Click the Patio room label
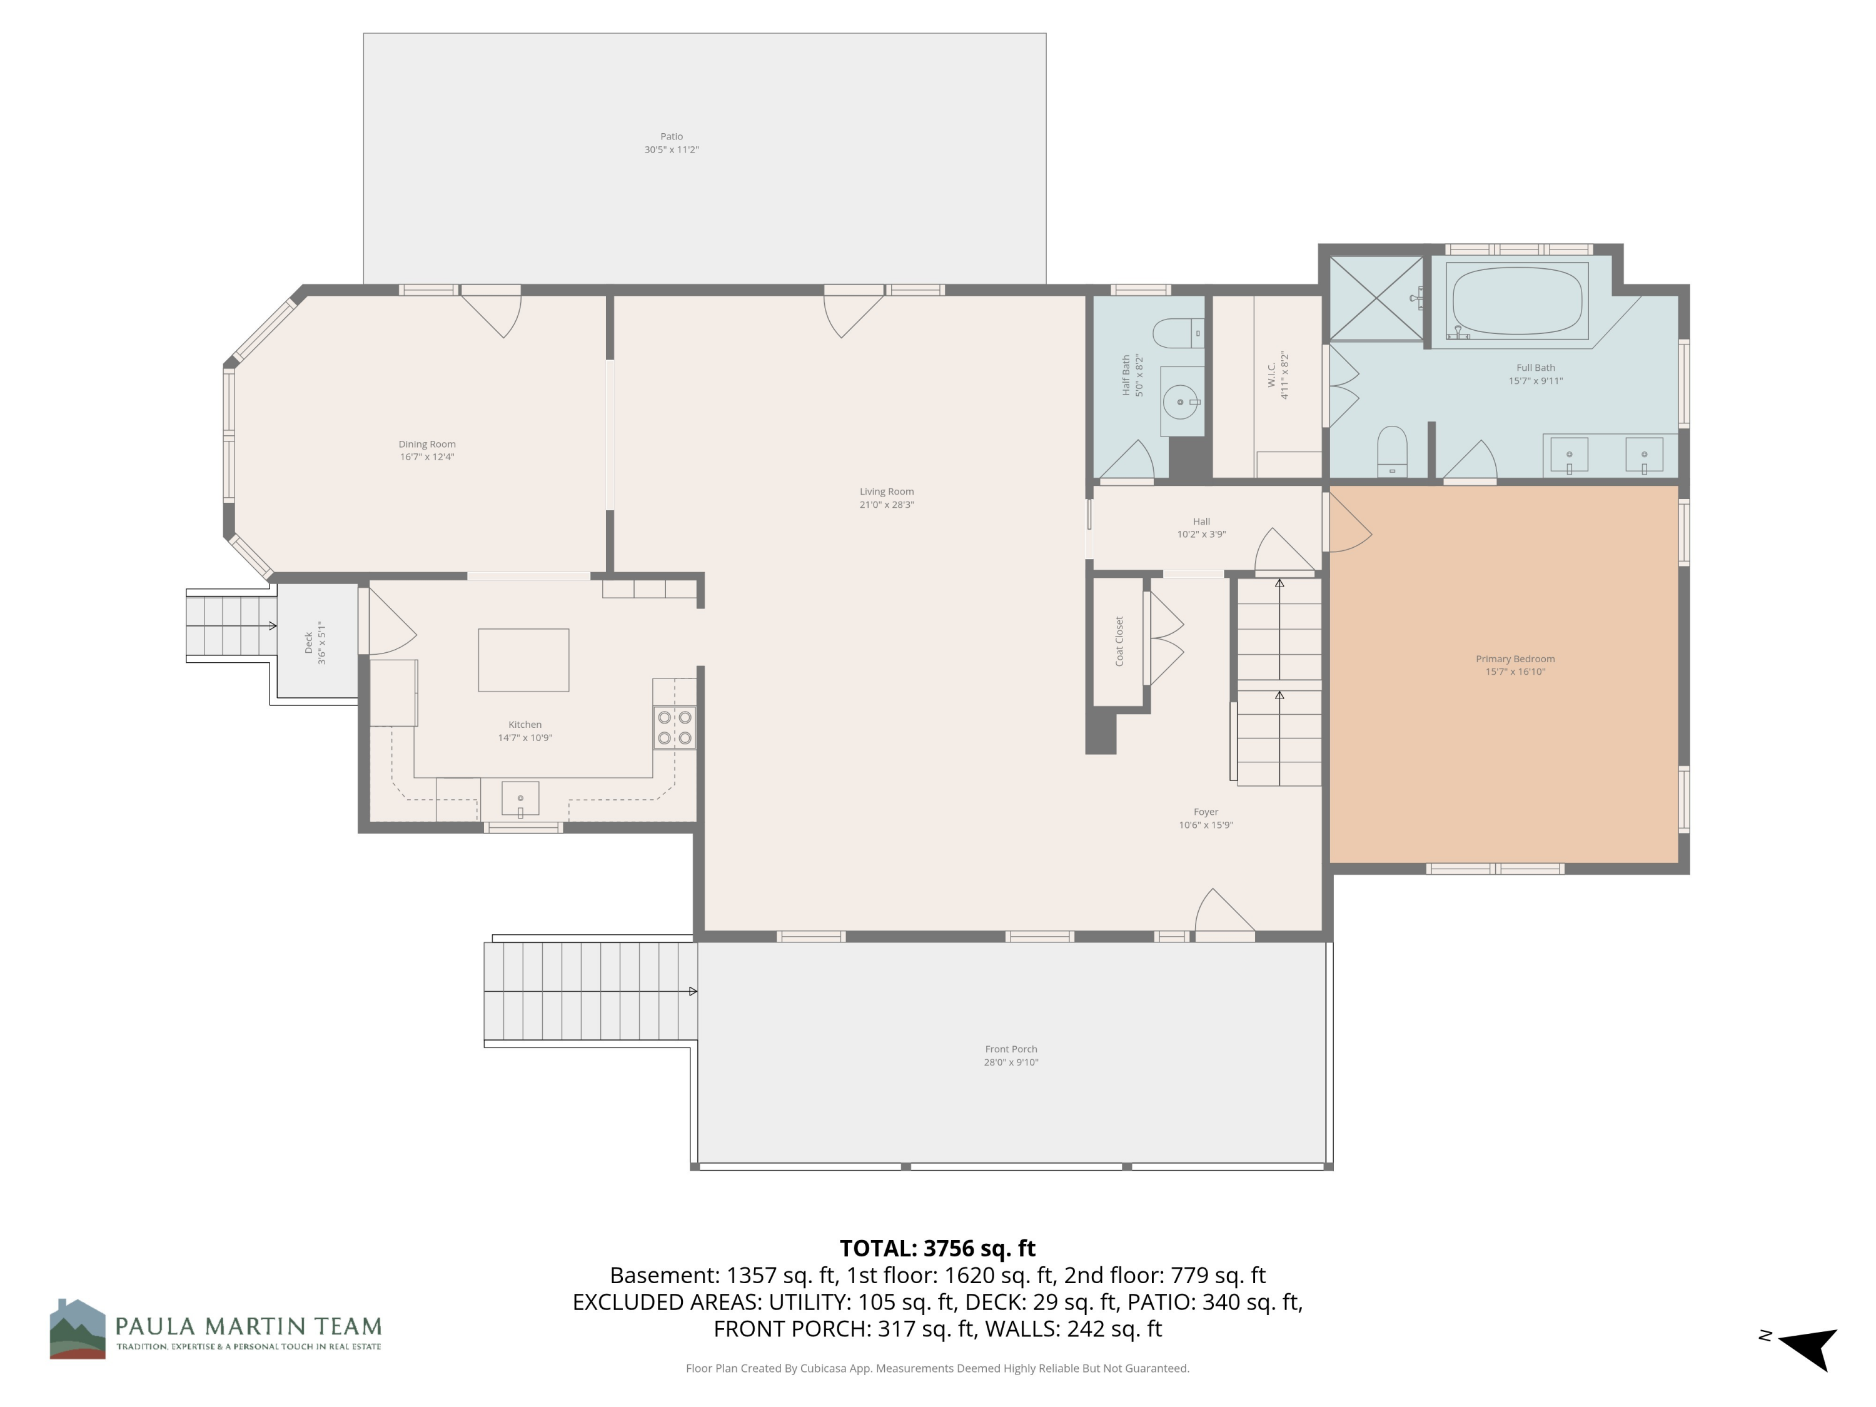672,136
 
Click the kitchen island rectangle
523,660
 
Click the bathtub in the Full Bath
1516,301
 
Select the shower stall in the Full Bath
1376,298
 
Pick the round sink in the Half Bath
1180,402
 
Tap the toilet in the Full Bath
1392,452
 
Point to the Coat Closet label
1119,641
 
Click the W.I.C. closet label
1272,376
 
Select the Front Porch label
1011,1049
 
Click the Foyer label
1206,812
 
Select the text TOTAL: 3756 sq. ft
937,1248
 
